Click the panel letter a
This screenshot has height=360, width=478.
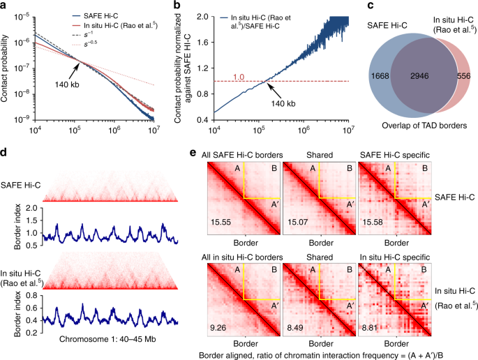pos(5,6)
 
